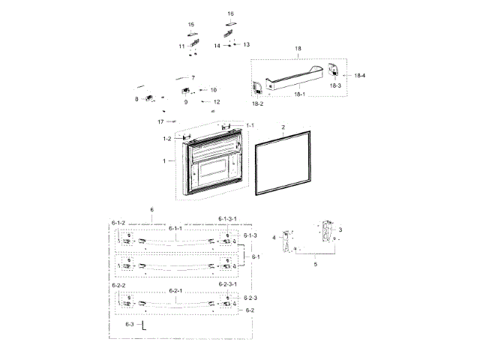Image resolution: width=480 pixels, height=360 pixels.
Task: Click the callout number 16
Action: [x=230, y=13]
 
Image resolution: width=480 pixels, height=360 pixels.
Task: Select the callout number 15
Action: [x=190, y=25]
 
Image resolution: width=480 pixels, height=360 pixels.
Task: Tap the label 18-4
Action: [x=360, y=75]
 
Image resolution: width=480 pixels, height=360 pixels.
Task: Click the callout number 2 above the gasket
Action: [x=283, y=128]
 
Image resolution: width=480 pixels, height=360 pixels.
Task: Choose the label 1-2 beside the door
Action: [x=167, y=139]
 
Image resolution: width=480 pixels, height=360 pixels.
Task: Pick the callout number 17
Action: [x=160, y=121]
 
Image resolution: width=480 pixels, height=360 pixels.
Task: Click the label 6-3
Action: [x=130, y=324]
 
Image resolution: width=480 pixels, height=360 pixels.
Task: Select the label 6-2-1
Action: [x=175, y=289]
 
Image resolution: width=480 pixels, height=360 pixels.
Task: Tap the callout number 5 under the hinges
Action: [x=315, y=263]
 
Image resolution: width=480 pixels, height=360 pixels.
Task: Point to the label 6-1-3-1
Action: [x=228, y=218]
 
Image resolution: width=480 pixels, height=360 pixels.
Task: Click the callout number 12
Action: [x=216, y=101]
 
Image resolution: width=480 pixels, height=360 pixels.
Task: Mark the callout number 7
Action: [x=193, y=78]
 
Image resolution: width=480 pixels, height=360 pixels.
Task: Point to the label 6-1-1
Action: [x=175, y=228]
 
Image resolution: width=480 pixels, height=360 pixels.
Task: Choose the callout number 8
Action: [x=136, y=99]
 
